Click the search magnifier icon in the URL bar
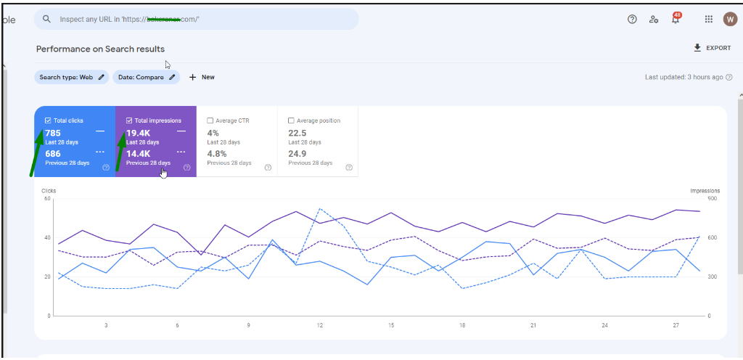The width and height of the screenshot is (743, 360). (x=47, y=20)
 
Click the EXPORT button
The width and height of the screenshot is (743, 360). (x=712, y=48)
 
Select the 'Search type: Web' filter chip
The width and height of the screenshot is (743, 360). (x=72, y=77)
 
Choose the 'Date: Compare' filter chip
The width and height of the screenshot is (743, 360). (x=146, y=77)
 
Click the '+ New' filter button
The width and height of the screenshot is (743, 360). (x=202, y=77)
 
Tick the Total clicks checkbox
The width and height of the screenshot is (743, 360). (x=48, y=120)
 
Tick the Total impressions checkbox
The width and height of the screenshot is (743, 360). (x=129, y=120)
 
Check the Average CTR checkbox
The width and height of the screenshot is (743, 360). (x=210, y=120)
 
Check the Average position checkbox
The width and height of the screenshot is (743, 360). (x=292, y=120)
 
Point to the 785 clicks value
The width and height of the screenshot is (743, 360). (x=53, y=133)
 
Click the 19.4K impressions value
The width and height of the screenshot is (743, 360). (x=138, y=133)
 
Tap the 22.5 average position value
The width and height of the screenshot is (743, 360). (x=297, y=133)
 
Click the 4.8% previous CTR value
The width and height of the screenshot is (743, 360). (x=217, y=154)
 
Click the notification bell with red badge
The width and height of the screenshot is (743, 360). (x=676, y=20)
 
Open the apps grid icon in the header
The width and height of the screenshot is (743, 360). (x=709, y=20)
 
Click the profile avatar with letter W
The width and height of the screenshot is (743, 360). (x=730, y=20)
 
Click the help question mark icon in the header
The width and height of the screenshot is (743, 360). (x=632, y=20)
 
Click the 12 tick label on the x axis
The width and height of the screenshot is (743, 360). (x=319, y=325)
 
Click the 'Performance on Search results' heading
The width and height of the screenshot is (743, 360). (x=100, y=49)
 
